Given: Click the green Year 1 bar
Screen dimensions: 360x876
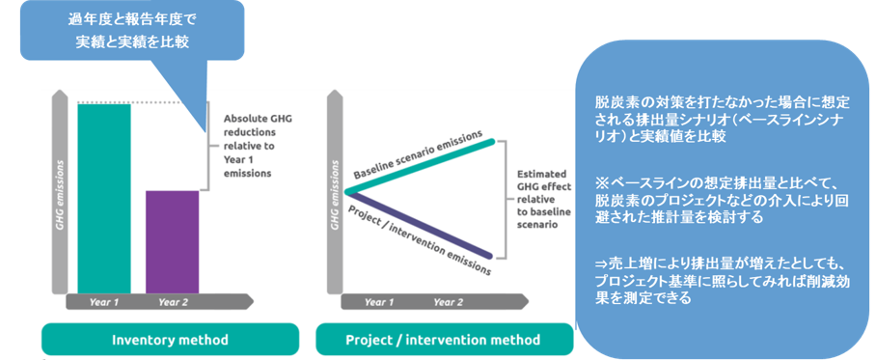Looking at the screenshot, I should pyautogui.click(x=103, y=197).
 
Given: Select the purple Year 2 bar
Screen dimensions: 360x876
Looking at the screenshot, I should pyautogui.click(x=172, y=241).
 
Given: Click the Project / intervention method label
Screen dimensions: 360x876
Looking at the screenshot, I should pyautogui.click(x=443, y=340).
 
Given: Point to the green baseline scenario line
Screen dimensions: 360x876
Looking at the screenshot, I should pyautogui.click(x=424, y=165).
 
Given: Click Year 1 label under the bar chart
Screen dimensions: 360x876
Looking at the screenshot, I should pyautogui.click(x=102, y=302).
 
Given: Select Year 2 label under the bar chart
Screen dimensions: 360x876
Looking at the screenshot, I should pyautogui.click(x=173, y=302).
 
